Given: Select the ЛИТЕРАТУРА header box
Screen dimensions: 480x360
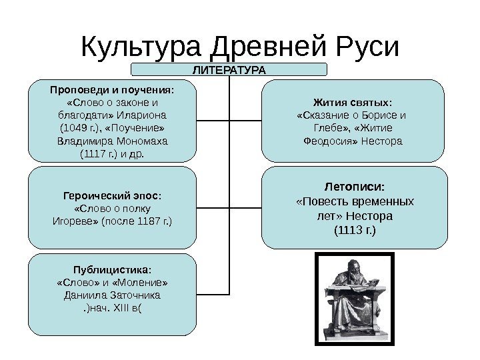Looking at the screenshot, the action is coord(229,69).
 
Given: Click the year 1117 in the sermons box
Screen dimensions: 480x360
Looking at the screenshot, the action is coord(92,154).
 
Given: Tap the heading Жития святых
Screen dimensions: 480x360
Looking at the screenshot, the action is coord(353,103).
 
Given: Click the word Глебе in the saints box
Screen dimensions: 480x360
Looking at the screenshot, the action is coord(330,128).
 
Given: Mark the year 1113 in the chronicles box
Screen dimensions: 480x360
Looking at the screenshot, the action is coord(353,231).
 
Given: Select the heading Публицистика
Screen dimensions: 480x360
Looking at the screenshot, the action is coord(112,269).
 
